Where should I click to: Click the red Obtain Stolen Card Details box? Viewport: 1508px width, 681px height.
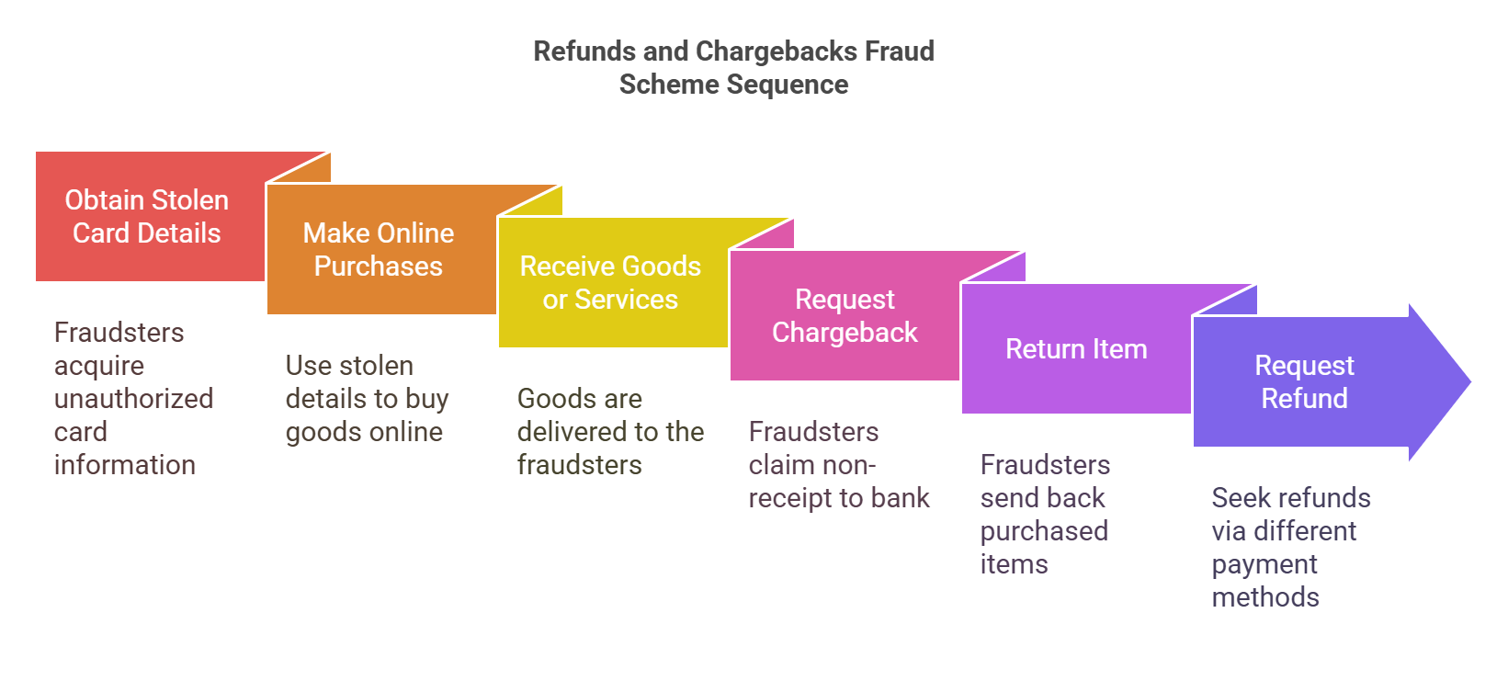coord(147,217)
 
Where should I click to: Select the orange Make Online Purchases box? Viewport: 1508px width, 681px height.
coord(379,250)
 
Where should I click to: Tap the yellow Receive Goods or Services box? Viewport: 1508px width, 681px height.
coord(610,283)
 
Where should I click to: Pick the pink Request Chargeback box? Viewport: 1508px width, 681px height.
coord(844,316)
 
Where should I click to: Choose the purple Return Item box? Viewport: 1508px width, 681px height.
coord(1075,349)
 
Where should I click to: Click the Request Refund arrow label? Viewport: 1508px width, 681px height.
coord(1303,382)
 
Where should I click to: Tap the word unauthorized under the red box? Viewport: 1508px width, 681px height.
coord(133,399)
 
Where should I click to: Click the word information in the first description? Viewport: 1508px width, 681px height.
coord(124,465)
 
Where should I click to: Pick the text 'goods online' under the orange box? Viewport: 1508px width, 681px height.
coord(364,432)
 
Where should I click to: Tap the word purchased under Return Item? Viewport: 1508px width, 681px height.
coord(1044,531)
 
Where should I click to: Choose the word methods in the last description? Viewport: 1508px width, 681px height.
coord(1264,597)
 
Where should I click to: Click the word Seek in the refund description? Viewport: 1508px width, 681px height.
coord(1239,498)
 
